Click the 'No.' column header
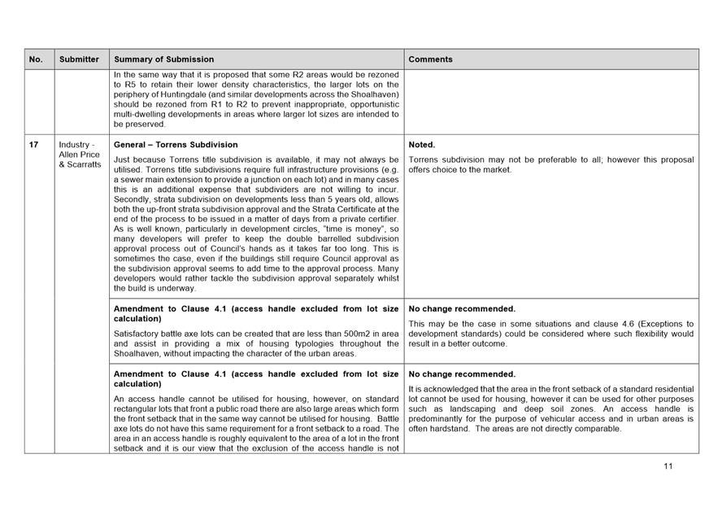pyautogui.click(x=36, y=59)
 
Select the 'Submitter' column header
pyautogui.click(x=79, y=59)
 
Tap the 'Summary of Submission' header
pyautogui.click(x=164, y=59)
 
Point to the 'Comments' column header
pyautogui.click(x=430, y=59)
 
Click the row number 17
pyautogui.click(x=34, y=145)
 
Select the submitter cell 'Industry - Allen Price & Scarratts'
pyautogui.click(x=79, y=155)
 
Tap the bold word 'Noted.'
pyautogui.click(x=422, y=145)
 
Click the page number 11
pyautogui.click(x=668, y=466)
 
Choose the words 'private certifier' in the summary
pyautogui.click(x=370, y=220)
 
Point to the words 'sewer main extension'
pyautogui.click(x=167, y=178)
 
